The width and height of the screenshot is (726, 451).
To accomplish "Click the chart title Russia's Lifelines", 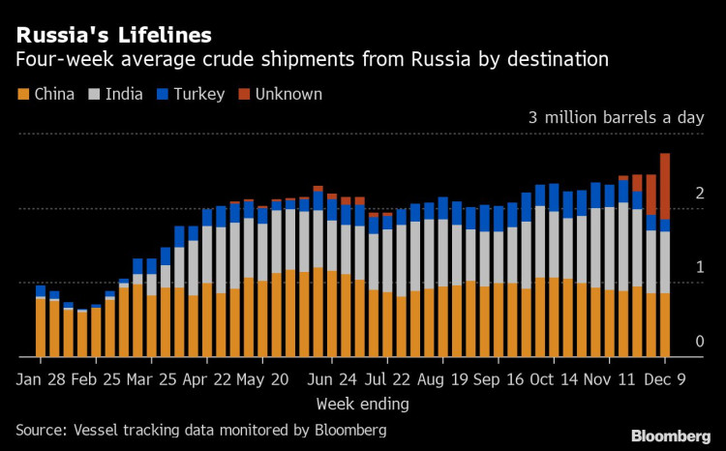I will point(113,35).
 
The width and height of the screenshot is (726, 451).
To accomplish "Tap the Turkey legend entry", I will point(195,94).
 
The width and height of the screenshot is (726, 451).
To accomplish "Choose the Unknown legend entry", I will point(282,94).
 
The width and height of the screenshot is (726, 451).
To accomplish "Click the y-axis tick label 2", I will point(699,195).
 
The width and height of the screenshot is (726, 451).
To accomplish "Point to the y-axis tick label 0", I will point(699,342).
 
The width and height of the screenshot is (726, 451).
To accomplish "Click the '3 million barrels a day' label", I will point(616,118).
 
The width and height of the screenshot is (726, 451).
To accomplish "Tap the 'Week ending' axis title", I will point(362,403).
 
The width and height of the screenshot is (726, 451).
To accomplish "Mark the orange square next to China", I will point(22,94).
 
